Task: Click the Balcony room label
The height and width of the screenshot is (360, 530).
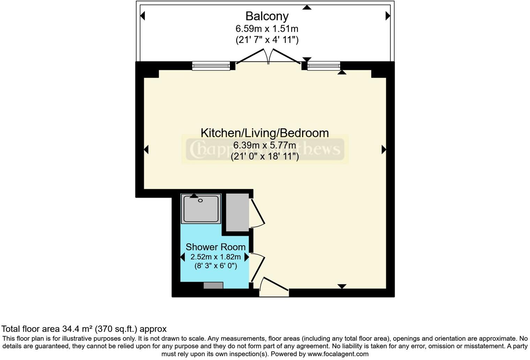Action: click(x=267, y=16)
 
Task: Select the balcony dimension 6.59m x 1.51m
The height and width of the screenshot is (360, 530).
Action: click(x=267, y=28)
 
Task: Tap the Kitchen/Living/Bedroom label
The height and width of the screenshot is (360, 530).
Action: click(x=265, y=133)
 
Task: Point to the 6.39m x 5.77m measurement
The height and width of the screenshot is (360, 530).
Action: click(x=265, y=145)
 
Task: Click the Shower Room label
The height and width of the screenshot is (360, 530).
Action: click(x=215, y=247)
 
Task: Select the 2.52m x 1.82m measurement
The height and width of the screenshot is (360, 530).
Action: click(x=215, y=257)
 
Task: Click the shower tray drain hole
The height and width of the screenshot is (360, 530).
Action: click(x=200, y=201)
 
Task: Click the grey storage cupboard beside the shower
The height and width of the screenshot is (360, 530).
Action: click(x=237, y=212)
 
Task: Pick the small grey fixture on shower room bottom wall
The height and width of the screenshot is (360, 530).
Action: click(x=213, y=286)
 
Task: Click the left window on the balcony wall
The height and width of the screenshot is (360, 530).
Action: click(x=211, y=66)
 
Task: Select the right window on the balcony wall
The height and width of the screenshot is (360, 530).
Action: click(x=324, y=66)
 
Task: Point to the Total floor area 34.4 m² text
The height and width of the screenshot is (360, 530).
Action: click(x=84, y=329)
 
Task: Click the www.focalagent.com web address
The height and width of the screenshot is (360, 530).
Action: click(x=338, y=354)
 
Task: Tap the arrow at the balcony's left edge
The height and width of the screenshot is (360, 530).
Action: click(x=142, y=16)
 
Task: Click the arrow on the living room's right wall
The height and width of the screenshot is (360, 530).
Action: click(x=384, y=150)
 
